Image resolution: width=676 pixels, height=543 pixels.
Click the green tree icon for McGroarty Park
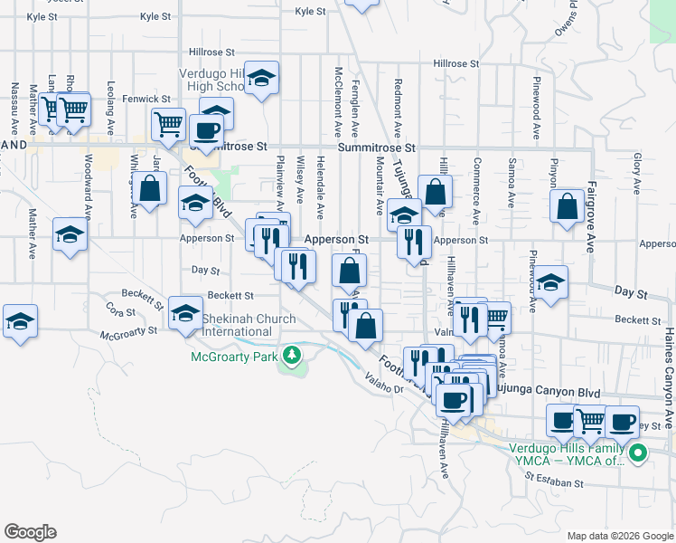[x=291, y=357]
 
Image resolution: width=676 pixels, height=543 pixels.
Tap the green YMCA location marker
[x=638, y=454]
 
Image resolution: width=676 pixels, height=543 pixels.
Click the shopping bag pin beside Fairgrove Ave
[x=567, y=207]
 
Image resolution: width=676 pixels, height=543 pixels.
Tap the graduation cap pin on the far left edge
[x=19, y=322]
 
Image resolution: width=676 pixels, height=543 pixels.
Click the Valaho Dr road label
[x=384, y=384]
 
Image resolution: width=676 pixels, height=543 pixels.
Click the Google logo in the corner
[x=30, y=532]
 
